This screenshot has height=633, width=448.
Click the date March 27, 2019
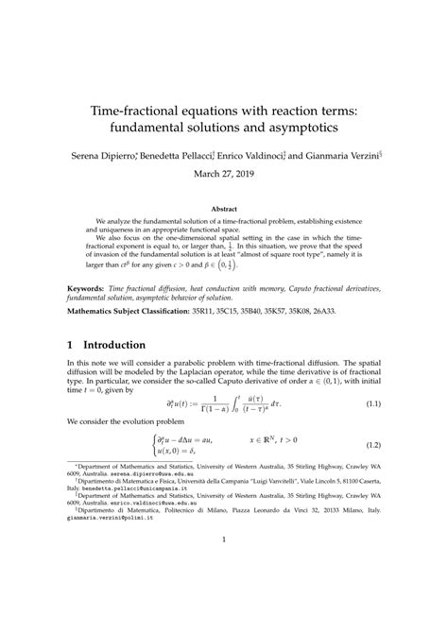pyautogui.click(x=224, y=173)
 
